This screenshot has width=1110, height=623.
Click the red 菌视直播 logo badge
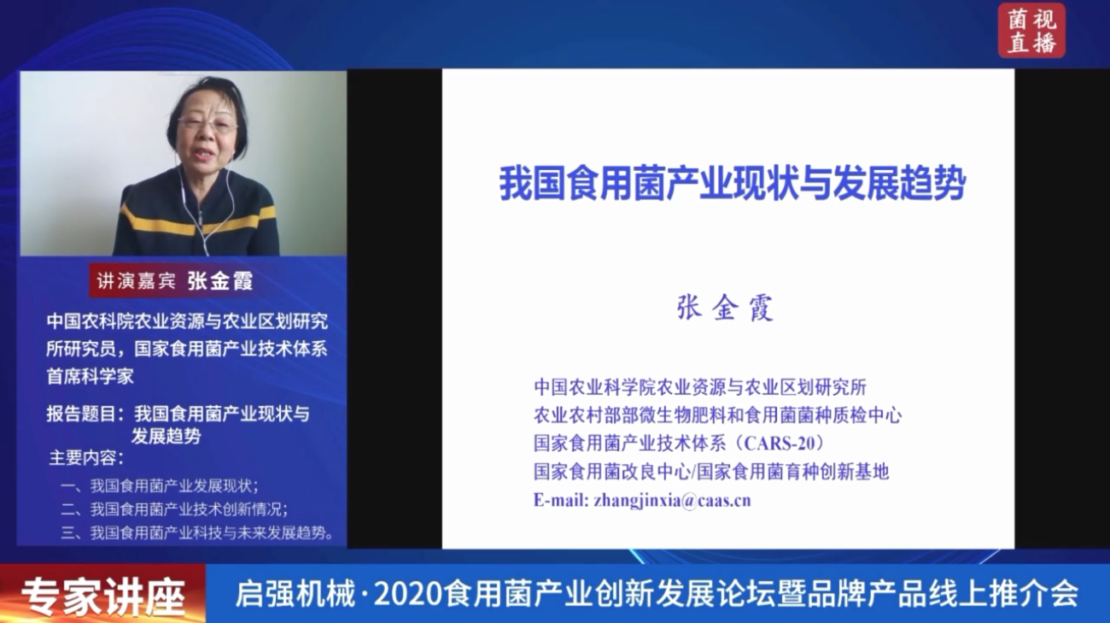1031,30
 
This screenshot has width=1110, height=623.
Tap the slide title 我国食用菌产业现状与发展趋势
733,183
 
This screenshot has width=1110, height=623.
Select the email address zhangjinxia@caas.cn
673,500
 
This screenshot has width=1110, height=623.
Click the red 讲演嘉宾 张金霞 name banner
174,281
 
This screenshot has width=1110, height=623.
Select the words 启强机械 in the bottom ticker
295,593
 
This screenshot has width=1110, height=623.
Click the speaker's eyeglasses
208,124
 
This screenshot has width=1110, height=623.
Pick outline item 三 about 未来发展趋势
196,532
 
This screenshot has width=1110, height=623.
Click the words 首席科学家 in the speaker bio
91,377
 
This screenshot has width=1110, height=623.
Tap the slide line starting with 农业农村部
717,415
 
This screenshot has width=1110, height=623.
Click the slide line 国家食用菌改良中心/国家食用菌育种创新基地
711,471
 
